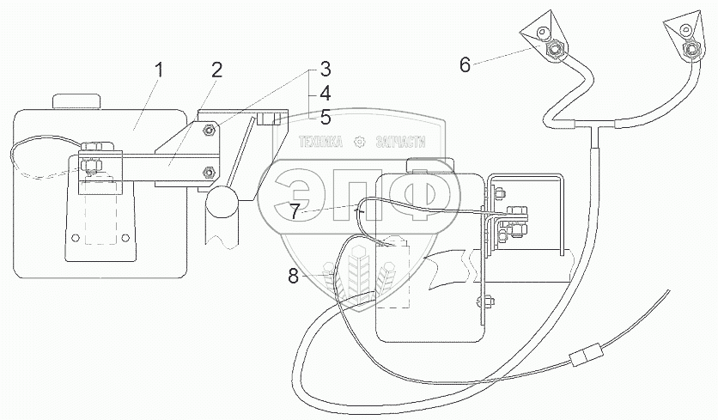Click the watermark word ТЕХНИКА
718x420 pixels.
(x=319, y=142)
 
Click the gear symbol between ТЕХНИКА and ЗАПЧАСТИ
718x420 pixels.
(x=360, y=142)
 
